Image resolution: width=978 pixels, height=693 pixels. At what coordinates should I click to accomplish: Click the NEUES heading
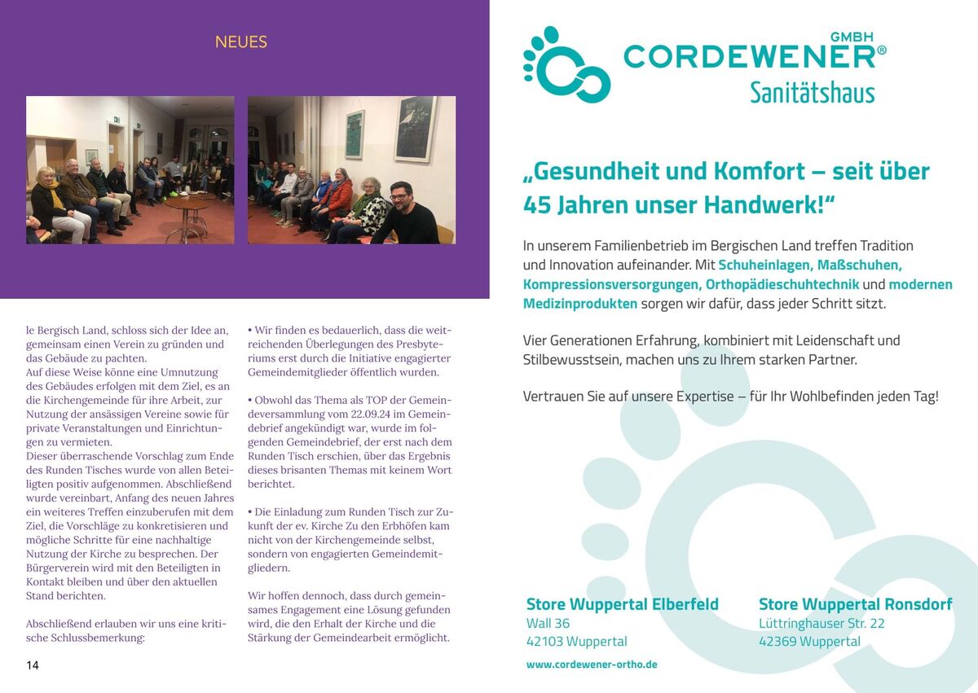pyautogui.click(x=240, y=42)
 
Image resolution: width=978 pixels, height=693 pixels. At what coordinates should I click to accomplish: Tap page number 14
pyautogui.click(x=33, y=665)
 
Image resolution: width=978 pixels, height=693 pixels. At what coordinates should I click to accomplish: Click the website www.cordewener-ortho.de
pyautogui.click(x=592, y=664)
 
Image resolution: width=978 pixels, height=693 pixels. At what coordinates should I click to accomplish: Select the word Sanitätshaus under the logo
pyautogui.click(x=812, y=92)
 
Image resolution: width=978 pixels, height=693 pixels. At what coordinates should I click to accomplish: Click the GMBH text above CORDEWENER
pyautogui.click(x=852, y=37)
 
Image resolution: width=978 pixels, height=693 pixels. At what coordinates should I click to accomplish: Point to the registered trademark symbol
pyautogui.click(x=881, y=50)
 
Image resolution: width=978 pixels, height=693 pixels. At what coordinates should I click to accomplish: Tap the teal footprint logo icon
pyautogui.click(x=566, y=65)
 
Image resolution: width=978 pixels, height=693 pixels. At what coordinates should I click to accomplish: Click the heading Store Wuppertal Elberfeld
pyautogui.click(x=623, y=604)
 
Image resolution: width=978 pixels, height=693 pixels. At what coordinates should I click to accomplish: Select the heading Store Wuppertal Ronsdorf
pyautogui.click(x=855, y=604)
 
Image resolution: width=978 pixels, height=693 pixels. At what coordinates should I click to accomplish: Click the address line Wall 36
pyautogui.click(x=548, y=623)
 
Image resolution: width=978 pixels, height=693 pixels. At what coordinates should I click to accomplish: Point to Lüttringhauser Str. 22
pyautogui.click(x=822, y=623)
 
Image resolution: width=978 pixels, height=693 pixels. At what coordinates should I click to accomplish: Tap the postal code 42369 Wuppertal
pyautogui.click(x=809, y=642)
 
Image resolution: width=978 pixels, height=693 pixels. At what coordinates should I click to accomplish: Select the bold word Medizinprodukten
pyautogui.click(x=580, y=304)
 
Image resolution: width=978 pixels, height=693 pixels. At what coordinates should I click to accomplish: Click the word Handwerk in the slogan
pyautogui.click(x=770, y=204)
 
